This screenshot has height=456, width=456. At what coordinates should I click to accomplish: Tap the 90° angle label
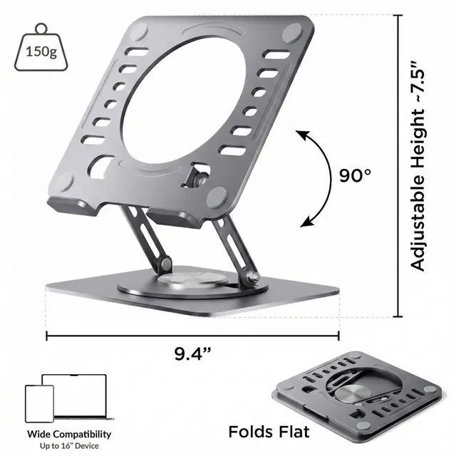(355, 175)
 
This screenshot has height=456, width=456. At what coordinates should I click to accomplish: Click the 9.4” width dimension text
(192, 353)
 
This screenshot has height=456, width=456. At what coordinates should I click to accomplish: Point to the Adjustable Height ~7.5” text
(418, 166)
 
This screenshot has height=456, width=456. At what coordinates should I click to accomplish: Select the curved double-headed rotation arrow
(331, 177)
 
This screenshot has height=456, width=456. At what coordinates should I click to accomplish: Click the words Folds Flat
(269, 432)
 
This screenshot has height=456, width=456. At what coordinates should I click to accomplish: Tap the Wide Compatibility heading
(69, 434)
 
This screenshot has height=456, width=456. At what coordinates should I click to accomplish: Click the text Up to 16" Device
(69, 446)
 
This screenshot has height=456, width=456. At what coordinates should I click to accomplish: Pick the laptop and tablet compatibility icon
(69, 398)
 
